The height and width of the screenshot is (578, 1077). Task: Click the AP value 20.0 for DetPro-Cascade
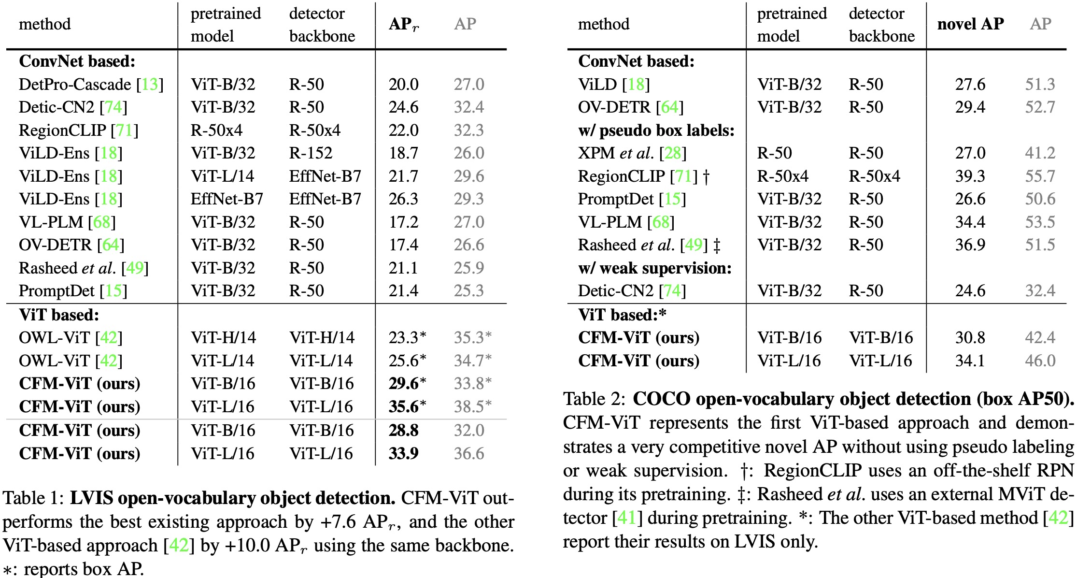coord(403,85)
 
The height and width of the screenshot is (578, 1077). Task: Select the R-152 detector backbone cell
coord(311,153)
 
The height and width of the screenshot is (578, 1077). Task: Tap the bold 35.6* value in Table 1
coord(407,406)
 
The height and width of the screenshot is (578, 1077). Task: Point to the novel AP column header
coord(970,24)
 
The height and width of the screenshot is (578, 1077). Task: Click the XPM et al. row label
coord(632,153)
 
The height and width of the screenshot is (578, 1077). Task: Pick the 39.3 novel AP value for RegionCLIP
coord(970,176)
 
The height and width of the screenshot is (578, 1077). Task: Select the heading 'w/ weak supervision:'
coord(654,268)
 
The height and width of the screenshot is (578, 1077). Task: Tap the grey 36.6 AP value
coord(468,453)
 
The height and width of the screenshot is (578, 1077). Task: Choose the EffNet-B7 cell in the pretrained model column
coord(227,199)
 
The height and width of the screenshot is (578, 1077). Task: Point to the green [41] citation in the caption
coord(627,518)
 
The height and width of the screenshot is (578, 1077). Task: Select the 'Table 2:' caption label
coord(594,399)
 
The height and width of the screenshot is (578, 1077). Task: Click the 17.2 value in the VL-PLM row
coord(403,222)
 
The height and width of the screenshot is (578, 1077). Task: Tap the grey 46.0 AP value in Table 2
coord(1040,361)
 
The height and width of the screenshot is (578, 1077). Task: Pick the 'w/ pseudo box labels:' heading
coord(656,130)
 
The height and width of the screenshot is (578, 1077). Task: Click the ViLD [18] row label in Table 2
coord(613,85)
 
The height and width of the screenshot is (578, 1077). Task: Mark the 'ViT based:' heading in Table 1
coord(59,315)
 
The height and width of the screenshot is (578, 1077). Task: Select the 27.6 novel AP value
coord(970,85)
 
